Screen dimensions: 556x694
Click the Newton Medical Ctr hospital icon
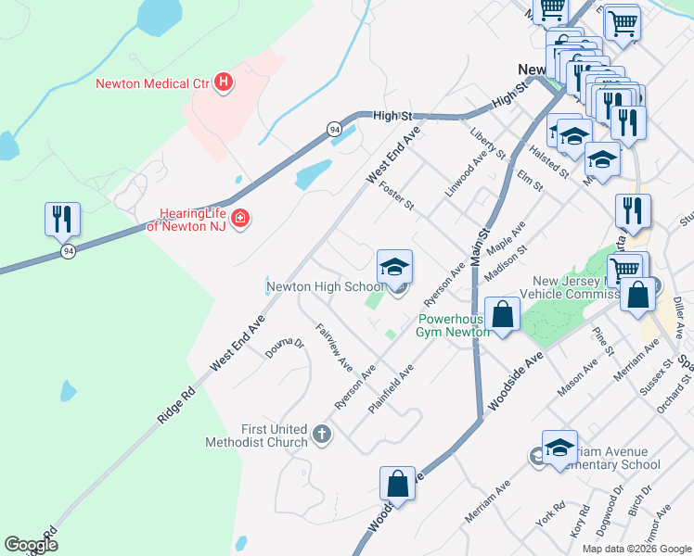point(223,83)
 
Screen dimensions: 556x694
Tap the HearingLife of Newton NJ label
point(193,219)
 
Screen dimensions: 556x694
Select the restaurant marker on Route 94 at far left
point(63,220)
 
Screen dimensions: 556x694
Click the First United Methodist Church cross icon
point(322,435)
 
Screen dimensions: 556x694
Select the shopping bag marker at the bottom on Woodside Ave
point(397,483)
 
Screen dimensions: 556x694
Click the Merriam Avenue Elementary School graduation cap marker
point(559,448)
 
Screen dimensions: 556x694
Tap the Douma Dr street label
point(285,348)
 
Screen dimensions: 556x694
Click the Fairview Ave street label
point(334,341)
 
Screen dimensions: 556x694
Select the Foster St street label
point(396,195)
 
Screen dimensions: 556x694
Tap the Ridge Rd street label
point(175,404)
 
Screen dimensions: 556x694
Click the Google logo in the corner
point(32,545)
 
